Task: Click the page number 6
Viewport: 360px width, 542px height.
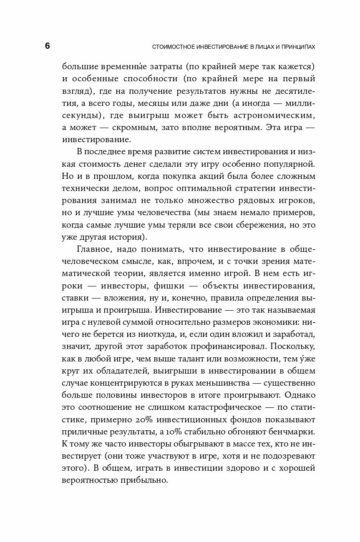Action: pyautogui.click(x=47, y=46)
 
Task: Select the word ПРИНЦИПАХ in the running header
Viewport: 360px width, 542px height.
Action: pyautogui.click(x=296, y=47)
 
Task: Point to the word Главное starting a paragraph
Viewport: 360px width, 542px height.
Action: pyautogui.click(x=93, y=249)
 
